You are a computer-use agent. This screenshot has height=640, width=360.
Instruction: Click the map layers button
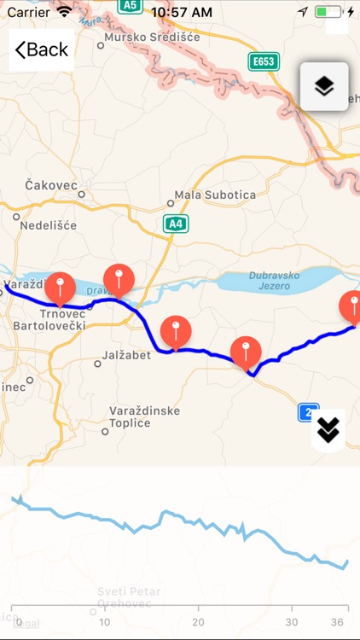tap(324, 86)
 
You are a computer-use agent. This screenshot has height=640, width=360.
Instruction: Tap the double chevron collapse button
tap(328, 431)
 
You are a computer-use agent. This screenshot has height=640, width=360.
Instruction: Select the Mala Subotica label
tap(215, 195)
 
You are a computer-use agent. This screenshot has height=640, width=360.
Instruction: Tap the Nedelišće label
tap(49, 225)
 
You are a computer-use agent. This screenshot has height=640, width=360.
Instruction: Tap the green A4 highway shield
tap(175, 224)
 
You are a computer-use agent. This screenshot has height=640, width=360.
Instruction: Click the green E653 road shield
tap(264, 61)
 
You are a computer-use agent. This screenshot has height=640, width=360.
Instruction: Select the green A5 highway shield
tap(130, 6)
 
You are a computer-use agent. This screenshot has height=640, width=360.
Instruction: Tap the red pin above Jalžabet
tap(176, 331)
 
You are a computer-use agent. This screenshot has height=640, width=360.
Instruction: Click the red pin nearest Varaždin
tap(60, 288)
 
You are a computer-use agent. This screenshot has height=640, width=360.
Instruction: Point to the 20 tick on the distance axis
tap(198, 621)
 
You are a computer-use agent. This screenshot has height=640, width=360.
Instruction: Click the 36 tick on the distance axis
tap(338, 621)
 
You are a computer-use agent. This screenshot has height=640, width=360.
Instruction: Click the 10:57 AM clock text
tap(181, 12)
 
